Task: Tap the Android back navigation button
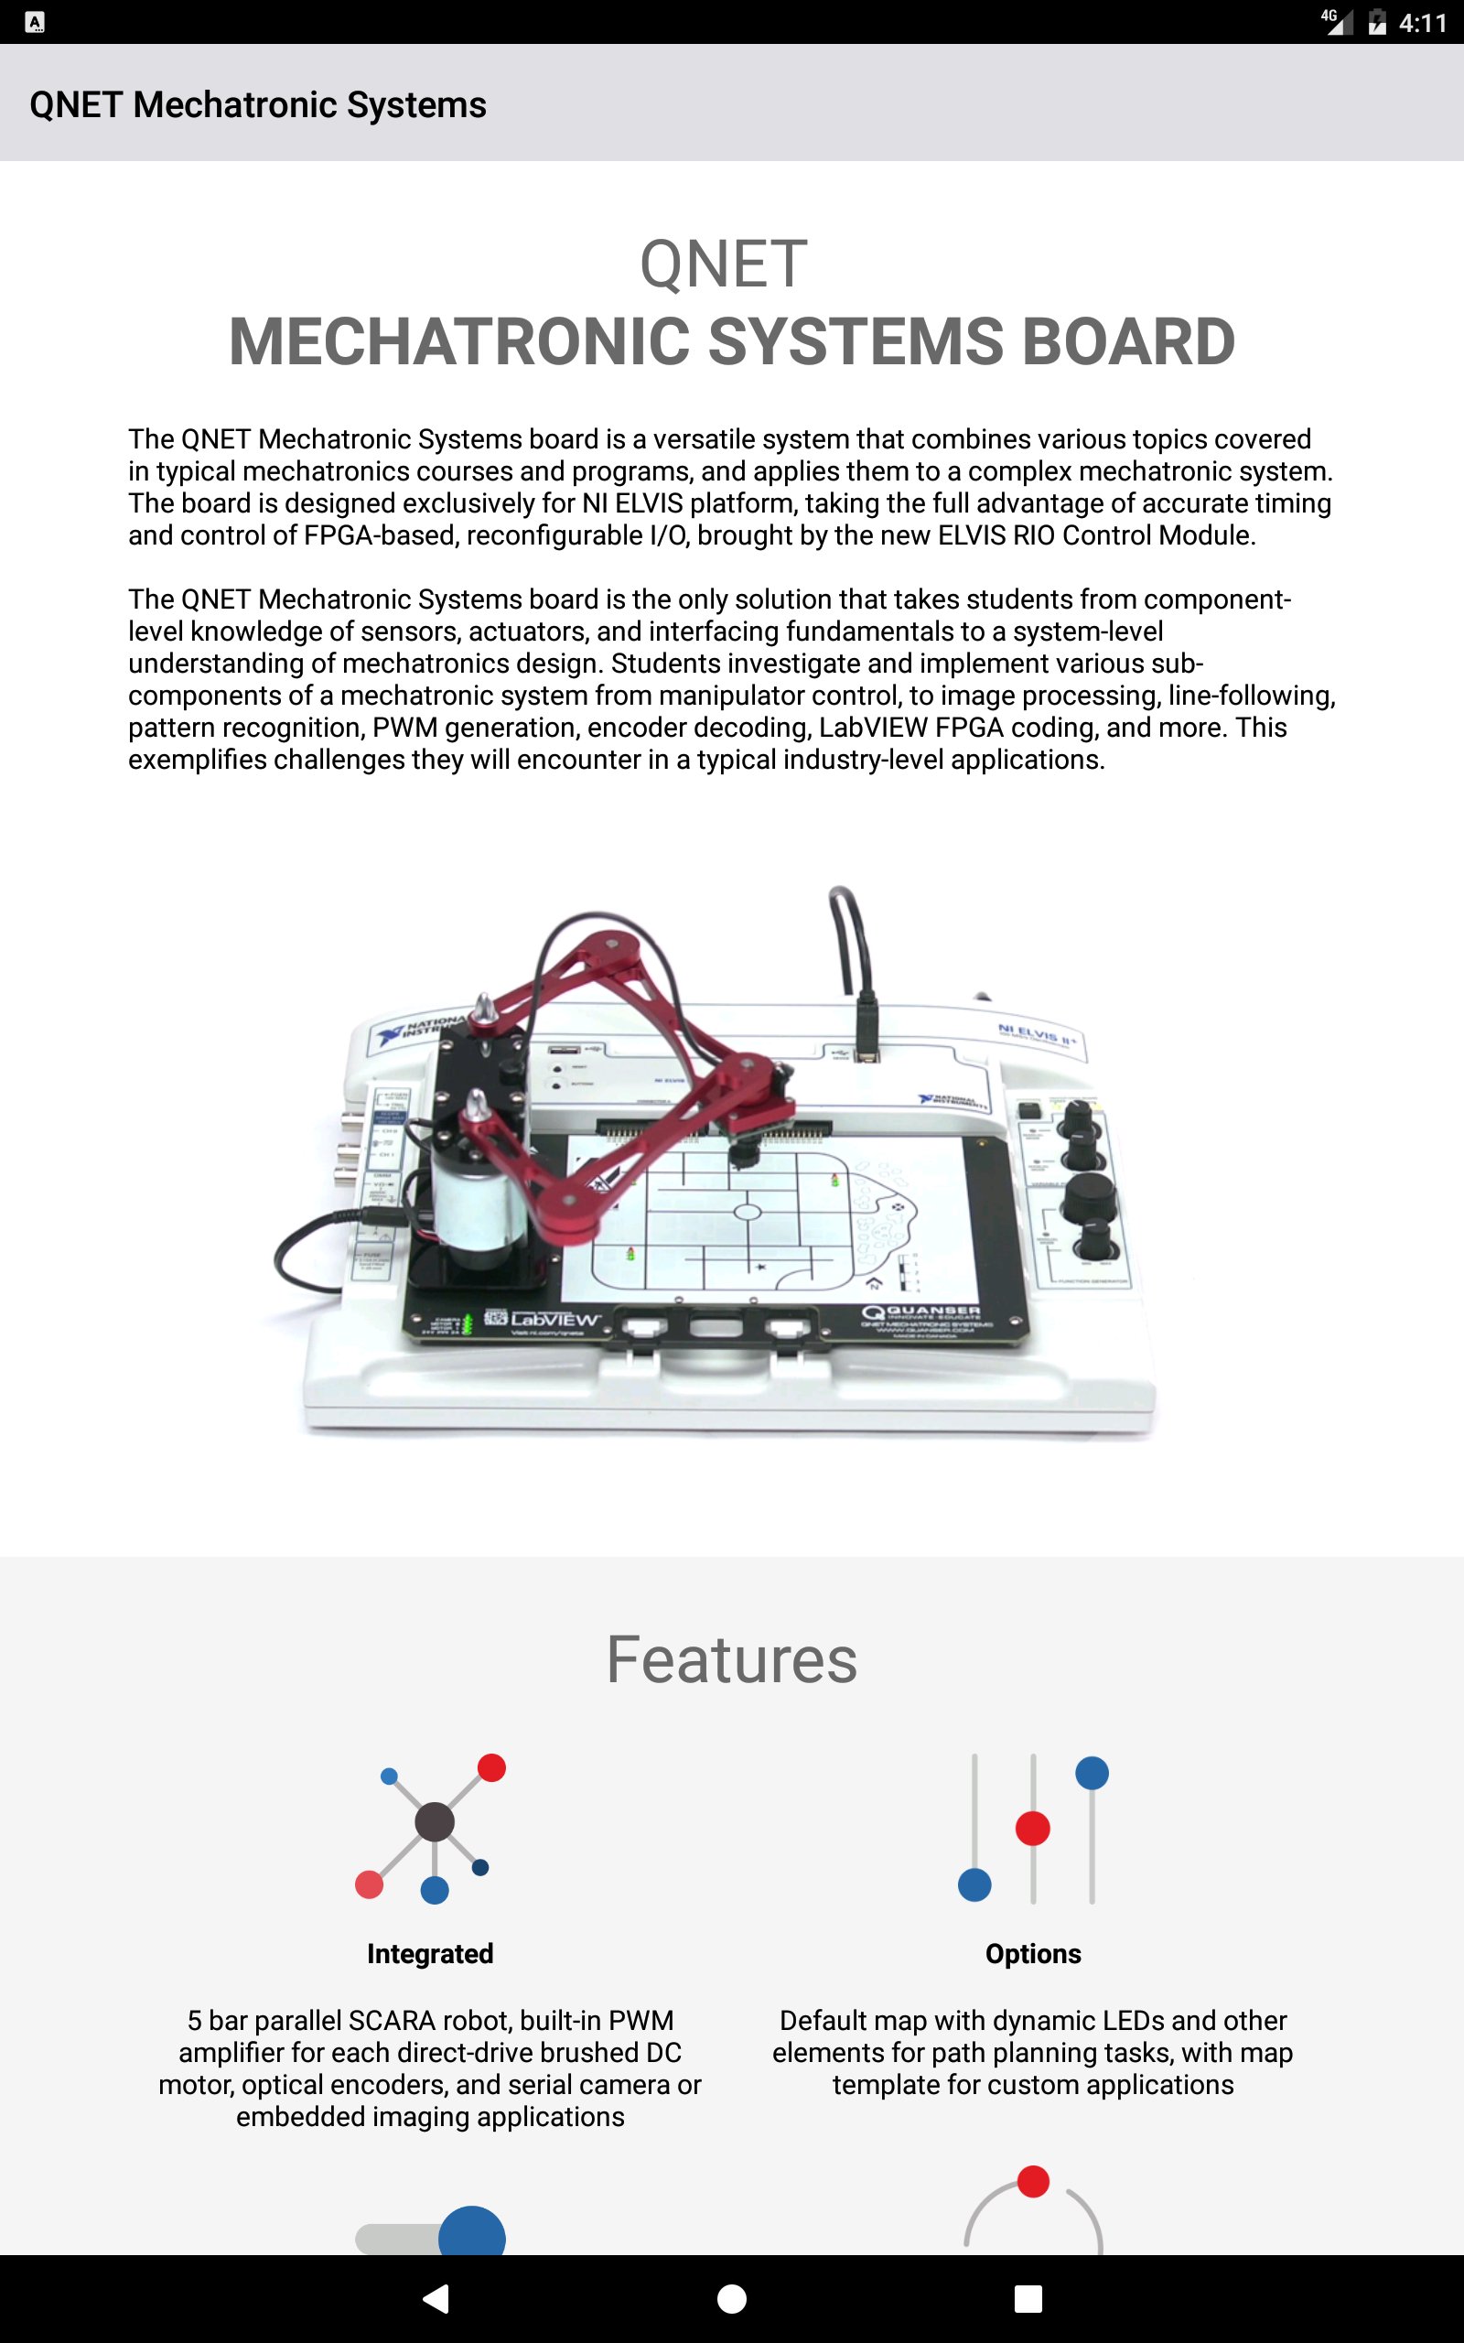point(436,2297)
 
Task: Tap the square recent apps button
point(1028,2297)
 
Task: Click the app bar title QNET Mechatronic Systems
point(257,104)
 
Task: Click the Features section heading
point(731,1659)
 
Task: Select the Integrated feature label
point(430,1953)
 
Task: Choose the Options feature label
point(1033,1953)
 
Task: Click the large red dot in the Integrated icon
point(492,1767)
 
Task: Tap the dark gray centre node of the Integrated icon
point(434,1821)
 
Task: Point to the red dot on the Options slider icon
point(1032,1828)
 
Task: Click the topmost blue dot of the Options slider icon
point(1092,1773)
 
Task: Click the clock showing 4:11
point(1422,22)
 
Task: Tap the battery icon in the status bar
point(1377,22)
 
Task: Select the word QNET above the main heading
point(723,265)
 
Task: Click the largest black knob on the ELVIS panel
point(1088,1199)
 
